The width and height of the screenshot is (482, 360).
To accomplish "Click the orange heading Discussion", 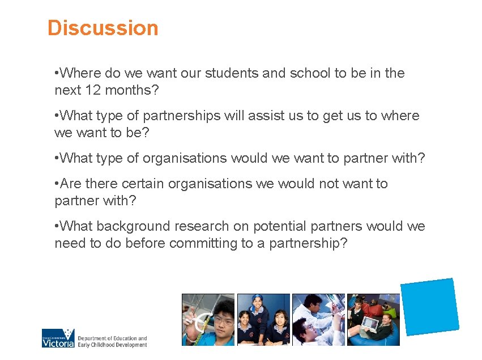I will [x=103, y=28].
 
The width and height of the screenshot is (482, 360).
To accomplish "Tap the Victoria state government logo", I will [x=58, y=338].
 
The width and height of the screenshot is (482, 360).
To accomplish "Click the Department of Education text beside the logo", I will [x=112, y=341].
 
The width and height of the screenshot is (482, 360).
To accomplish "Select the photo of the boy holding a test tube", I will [x=207, y=320].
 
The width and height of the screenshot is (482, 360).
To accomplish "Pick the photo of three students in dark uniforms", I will [x=263, y=320].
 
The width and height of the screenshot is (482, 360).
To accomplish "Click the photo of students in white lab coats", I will [x=318, y=320].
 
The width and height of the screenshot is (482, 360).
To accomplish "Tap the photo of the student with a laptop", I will [x=373, y=320].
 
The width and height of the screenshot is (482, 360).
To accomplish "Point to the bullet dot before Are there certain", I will [x=57, y=184].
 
